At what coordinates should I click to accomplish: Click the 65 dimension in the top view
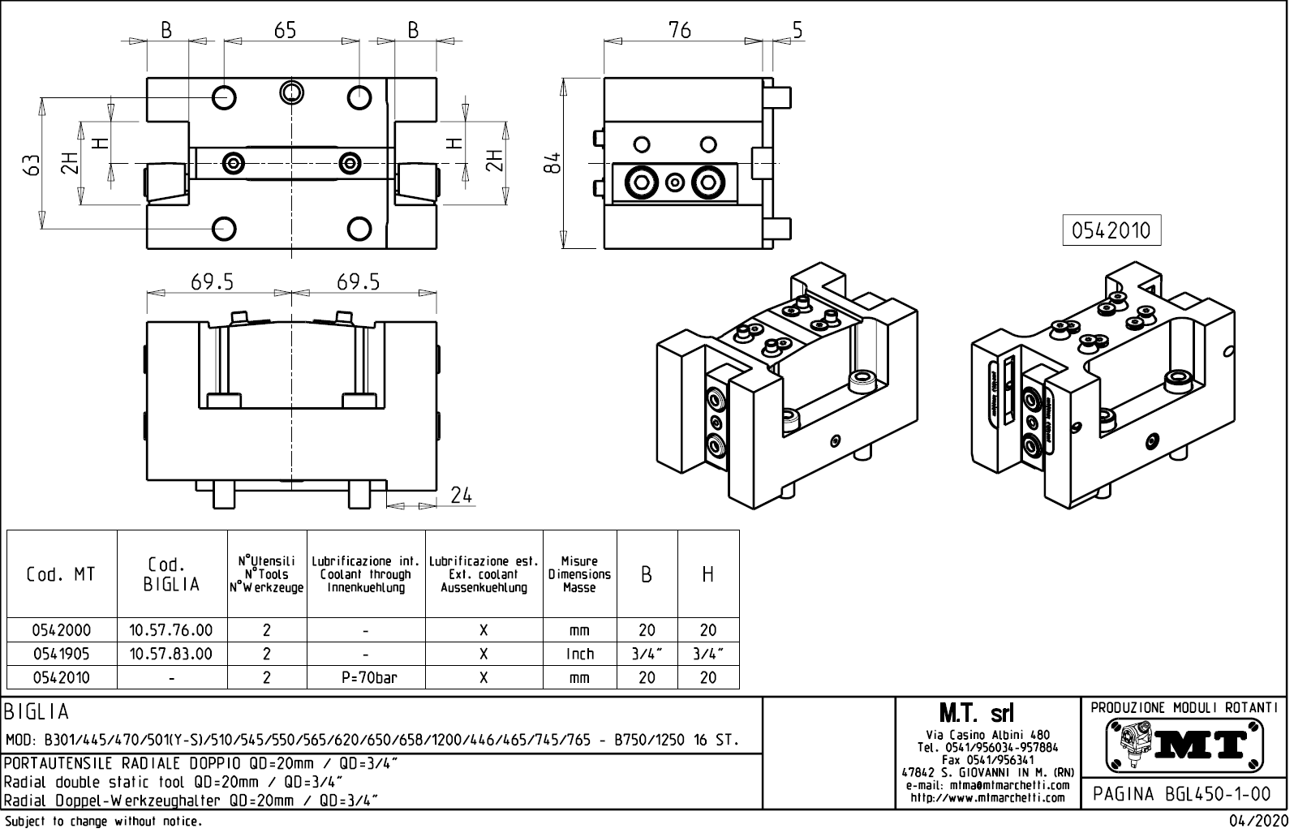coord(285,31)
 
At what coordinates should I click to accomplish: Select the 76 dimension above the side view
coord(679,31)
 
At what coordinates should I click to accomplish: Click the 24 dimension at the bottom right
coord(461,495)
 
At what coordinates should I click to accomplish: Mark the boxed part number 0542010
coord(1111,230)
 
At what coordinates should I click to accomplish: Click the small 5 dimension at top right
coord(797,31)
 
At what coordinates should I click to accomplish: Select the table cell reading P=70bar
coord(366,677)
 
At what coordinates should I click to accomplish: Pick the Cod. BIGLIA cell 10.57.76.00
coord(171,630)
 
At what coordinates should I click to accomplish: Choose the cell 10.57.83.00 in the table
coord(171,654)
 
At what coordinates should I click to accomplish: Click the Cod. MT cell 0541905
coord(61,654)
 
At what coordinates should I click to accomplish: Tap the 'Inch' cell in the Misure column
coord(579,654)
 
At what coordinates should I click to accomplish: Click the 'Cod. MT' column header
coord(61,574)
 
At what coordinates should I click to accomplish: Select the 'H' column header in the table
coord(707,574)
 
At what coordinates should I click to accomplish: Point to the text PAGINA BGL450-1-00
coord(1184,794)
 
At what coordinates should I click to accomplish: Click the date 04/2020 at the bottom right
coord(1257,821)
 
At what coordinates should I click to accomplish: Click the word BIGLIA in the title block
coord(37,712)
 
